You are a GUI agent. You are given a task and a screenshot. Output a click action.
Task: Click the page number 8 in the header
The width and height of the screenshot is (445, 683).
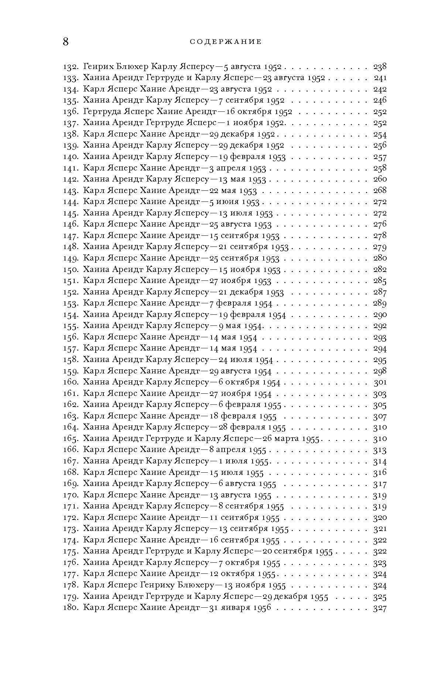(x=65, y=42)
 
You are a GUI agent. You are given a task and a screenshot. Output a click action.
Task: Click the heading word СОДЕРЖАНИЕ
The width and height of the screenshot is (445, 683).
(x=226, y=42)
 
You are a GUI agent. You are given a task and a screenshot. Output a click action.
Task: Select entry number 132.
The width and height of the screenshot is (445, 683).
(x=70, y=67)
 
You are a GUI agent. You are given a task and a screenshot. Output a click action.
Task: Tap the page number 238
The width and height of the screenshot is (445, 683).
(x=380, y=67)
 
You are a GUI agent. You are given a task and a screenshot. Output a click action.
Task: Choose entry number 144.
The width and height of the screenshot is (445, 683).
(x=70, y=202)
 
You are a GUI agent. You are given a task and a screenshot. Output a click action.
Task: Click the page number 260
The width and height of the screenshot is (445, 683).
(x=380, y=179)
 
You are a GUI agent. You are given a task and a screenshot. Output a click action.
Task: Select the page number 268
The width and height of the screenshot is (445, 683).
(x=380, y=190)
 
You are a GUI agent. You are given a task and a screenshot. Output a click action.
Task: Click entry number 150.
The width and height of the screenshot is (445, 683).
(x=70, y=269)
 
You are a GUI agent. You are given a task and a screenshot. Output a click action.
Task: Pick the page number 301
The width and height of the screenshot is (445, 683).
(x=380, y=382)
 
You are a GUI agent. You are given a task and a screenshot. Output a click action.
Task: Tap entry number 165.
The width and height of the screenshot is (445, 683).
(x=70, y=439)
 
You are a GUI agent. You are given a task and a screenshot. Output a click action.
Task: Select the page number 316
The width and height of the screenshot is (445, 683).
(x=380, y=472)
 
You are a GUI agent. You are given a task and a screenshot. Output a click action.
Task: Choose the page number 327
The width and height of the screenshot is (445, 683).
(x=380, y=608)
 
